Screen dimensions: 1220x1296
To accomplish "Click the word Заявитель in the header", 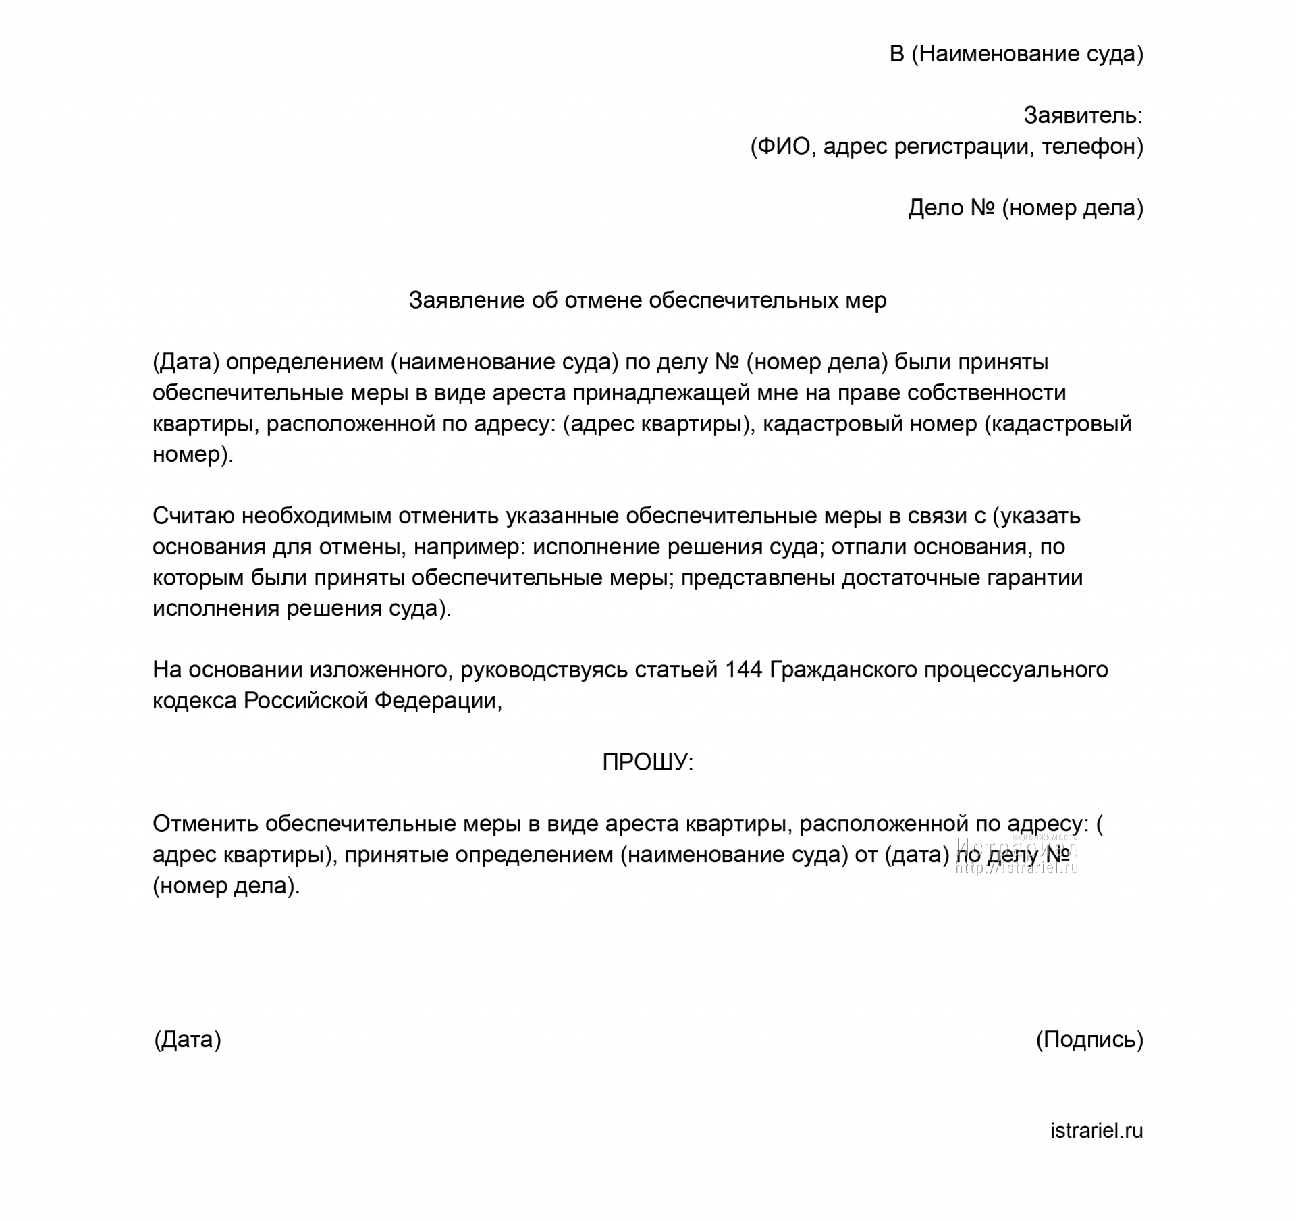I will pos(1082,115).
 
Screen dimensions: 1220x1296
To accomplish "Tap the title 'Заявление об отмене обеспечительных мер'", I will pos(647,300).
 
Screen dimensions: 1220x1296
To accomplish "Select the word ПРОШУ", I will pos(647,762).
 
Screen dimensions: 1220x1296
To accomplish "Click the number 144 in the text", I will pos(743,670).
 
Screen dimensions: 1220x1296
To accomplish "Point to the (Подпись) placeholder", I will pos(1089,1039).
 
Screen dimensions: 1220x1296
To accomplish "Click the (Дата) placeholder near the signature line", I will pos(188,1039).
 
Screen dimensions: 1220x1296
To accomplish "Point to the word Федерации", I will pos(437,701).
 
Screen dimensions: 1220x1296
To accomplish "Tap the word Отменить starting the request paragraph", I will pos(205,824).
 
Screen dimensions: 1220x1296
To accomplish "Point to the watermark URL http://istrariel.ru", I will pos(1017,869).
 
